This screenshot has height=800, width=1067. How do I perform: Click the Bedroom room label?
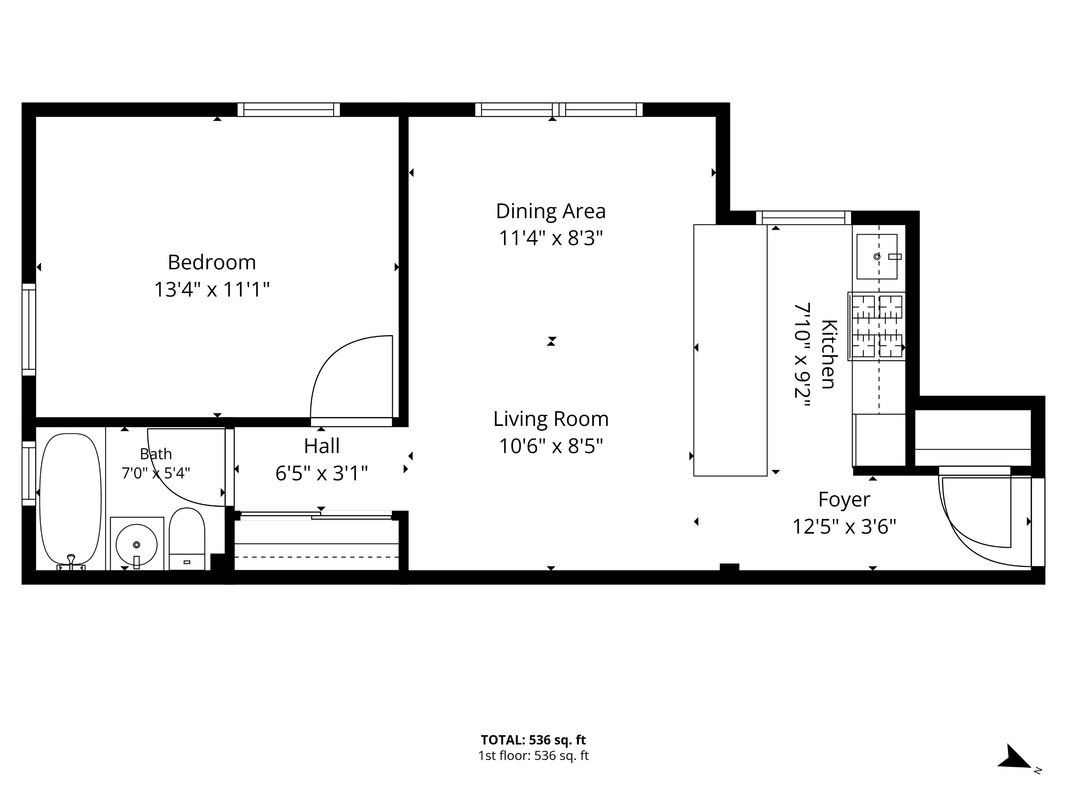(x=212, y=262)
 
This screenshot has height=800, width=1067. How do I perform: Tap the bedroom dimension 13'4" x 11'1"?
(x=212, y=290)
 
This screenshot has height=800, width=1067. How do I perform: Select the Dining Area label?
(x=551, y=211)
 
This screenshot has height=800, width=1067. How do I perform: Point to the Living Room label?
(x=551, y=419)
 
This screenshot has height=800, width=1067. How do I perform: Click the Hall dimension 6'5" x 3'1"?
(x=322, y=474)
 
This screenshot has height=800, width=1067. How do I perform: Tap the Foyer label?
(x=844, y=500)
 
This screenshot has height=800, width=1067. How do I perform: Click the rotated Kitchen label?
(x=829, y=354)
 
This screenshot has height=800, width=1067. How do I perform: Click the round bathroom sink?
(x=136, y=544)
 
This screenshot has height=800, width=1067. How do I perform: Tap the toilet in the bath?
(x=187, y=539)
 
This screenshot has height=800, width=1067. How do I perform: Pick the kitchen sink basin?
(x=877, y=257)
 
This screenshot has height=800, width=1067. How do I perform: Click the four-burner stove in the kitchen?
(x=877, y=326)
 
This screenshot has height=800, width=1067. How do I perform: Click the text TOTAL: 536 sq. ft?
(x=533, y=740)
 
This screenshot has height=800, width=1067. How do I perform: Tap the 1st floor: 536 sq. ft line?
(x=533, y=756)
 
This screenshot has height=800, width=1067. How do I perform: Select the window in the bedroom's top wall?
(x=289, y=110)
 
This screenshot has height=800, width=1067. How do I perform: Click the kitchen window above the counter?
(x=804, y=218)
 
